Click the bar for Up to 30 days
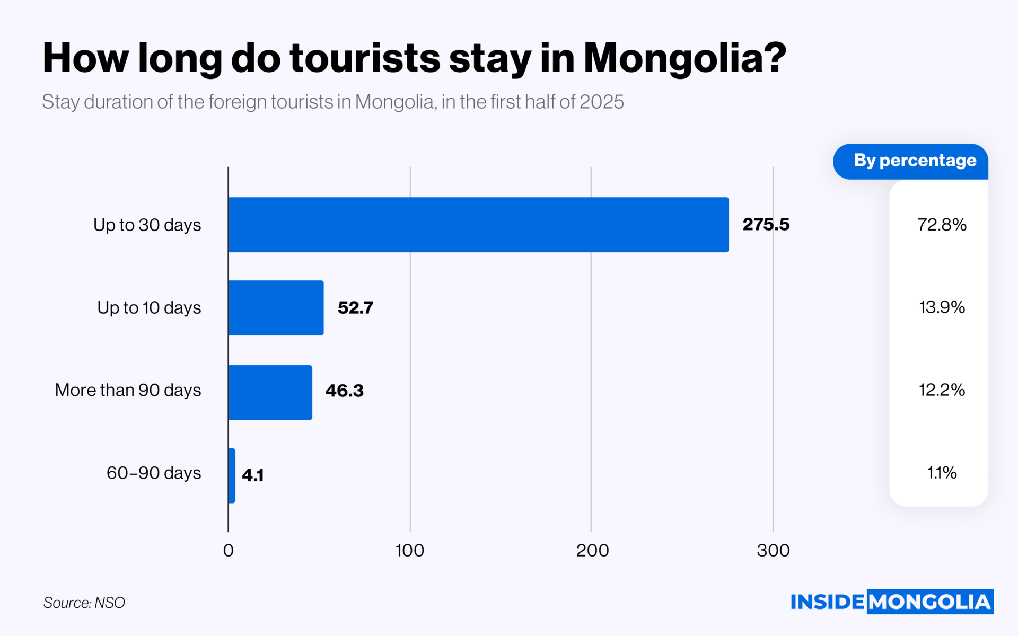[478, 225]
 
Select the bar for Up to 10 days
[276, 308]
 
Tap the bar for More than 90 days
[270, 393]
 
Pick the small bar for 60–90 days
[232, 476]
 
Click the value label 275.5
[766, 225]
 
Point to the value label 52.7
[355, 308]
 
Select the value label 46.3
[344, 391]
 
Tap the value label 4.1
[252, 475]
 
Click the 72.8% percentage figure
[942, 225]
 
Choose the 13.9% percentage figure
[942, 307]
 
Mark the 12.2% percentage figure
[942, 390]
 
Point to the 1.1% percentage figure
[942, 473]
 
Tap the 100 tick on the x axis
[410, 551]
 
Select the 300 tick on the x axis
[773, 551]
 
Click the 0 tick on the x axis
[228, 551]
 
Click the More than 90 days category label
[128, 390]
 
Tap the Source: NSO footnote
[84, 603]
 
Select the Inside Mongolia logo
[892, 602]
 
